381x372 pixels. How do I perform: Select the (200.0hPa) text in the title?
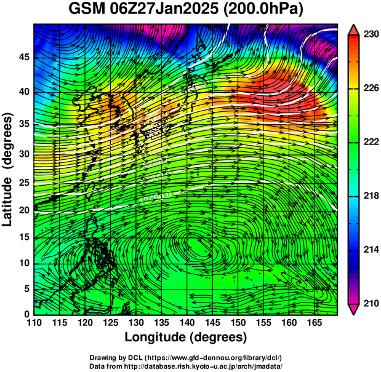[x=269, y=10]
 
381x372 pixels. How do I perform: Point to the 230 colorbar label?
[x=371, y=35]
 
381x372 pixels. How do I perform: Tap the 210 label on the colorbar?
[x=371, y=303]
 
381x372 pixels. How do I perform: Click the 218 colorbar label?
[x=371, y=196]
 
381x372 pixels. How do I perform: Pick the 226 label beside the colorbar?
[x=371, y=89]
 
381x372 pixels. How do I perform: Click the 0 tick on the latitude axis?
[x=26, y=314]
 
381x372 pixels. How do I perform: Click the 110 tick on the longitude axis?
[x=34, y=323]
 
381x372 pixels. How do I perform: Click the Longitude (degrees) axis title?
[x=186, y=337]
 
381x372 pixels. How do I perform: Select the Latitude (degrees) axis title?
[x=9, y=169]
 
